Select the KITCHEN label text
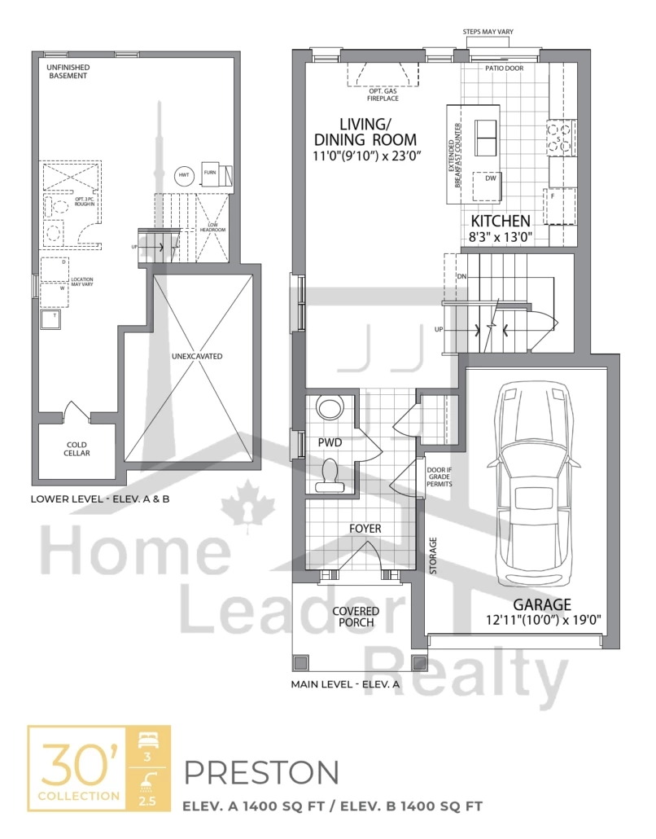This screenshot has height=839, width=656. [501, 221]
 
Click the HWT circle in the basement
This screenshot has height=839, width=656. [184, 174]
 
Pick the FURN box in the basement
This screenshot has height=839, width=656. [209, 174]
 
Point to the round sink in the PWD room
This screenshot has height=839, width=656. [330, 407]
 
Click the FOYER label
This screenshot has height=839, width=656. [365, 529]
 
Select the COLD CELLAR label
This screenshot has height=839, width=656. [77, 449]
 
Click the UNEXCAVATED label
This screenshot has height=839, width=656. [197, 356]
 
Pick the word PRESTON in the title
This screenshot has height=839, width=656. [261, 771]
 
